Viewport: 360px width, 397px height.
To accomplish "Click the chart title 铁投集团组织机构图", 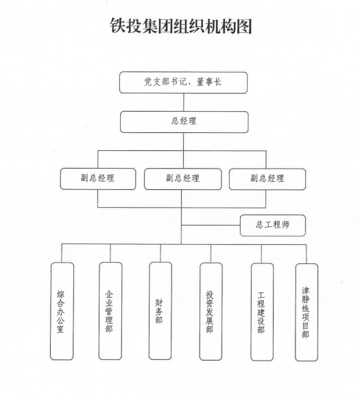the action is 181,26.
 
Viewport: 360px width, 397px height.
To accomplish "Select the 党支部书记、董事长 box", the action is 183,82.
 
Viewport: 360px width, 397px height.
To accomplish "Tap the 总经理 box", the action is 184,122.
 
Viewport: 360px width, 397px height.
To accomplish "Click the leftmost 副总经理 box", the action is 98,179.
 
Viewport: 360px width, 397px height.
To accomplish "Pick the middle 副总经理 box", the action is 183,179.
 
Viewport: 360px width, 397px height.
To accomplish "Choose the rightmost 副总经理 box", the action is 267,179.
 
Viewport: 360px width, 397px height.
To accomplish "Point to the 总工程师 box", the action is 273,226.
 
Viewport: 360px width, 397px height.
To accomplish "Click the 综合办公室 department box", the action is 62,311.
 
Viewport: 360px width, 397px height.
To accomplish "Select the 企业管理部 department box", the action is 110,311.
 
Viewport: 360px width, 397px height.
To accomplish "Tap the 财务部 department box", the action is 160,311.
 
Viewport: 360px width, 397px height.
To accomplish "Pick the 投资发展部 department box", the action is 211,311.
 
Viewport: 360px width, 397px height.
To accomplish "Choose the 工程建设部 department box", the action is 262,312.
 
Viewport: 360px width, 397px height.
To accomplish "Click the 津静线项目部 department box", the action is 307,312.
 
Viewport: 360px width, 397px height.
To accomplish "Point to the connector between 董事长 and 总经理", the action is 184,102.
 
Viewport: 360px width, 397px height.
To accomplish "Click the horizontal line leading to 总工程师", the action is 211,225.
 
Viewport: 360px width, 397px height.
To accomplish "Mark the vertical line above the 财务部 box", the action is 160,253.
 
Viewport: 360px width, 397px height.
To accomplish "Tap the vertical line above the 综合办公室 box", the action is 62,253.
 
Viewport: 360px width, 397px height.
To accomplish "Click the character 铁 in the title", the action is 118,26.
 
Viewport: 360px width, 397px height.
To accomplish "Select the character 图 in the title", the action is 244,26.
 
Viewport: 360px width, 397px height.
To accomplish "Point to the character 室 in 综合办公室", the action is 60,328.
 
